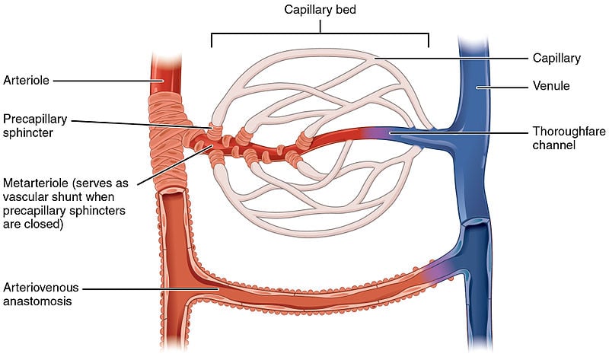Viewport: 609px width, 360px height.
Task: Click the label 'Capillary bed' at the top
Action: (x=320, y=11)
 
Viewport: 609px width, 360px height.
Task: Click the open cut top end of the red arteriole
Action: (x=165, y=56)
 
